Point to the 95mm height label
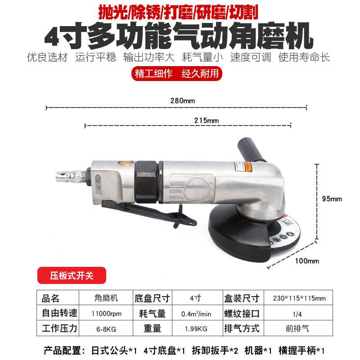point(333,198)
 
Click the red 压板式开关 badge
point(72,275)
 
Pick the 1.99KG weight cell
point(196,328)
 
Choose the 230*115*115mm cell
point(299,298)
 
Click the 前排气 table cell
point(299,328)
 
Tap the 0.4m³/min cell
point(196,313)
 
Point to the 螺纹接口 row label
point(242,313)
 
